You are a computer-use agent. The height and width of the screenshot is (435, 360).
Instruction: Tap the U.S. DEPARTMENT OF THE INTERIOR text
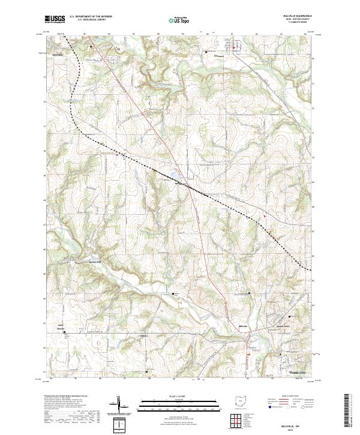click(x=90, y=17)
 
